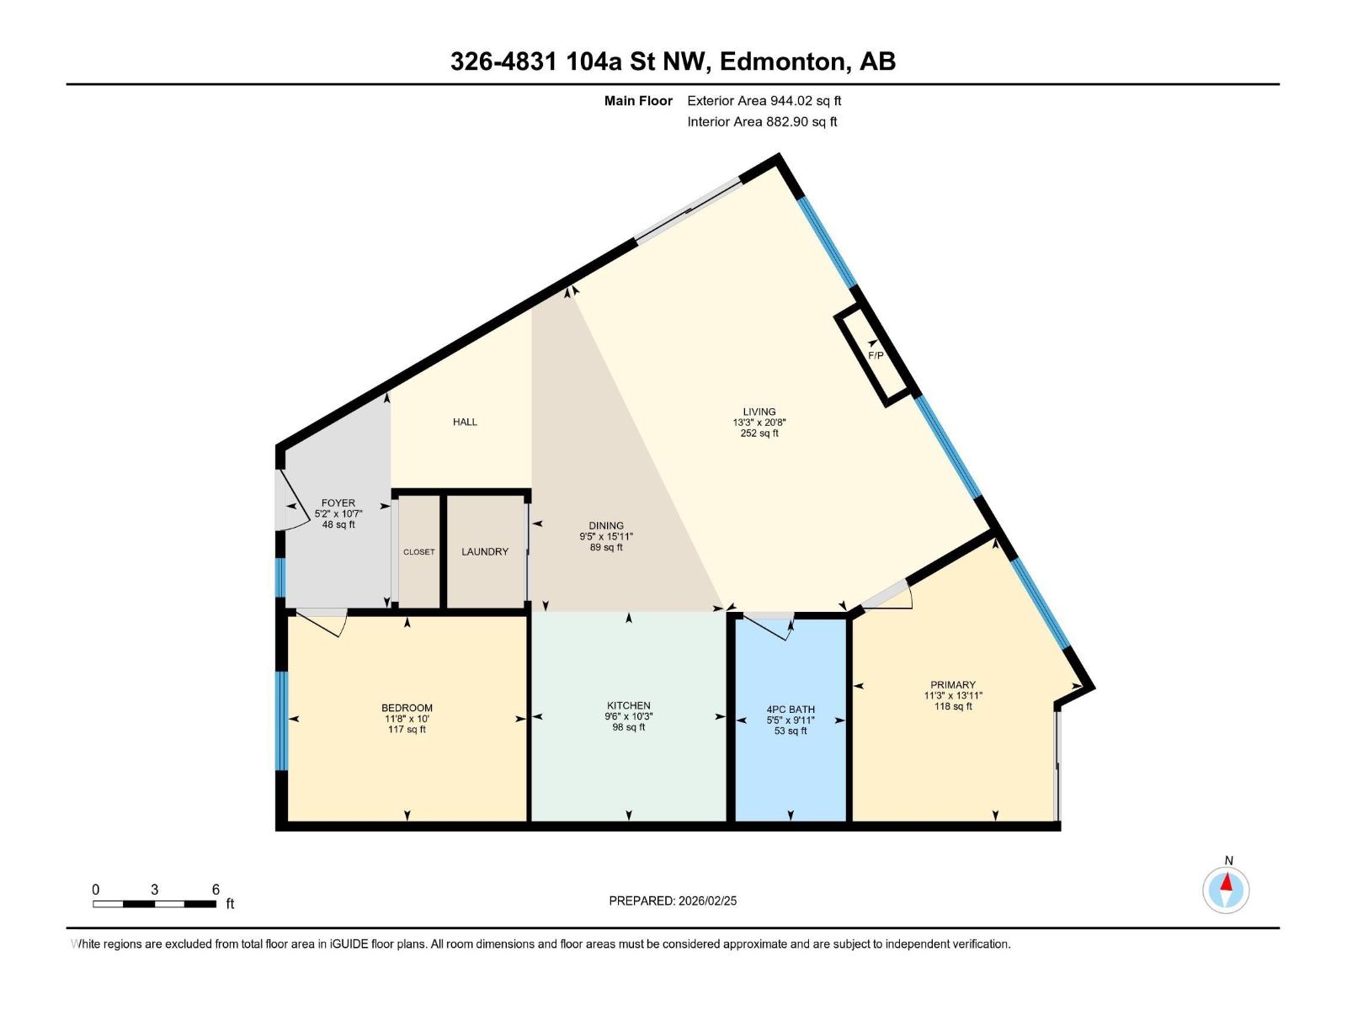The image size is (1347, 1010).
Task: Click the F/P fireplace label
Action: tap(876, 356)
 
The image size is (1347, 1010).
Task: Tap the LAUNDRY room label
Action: tap(485, 552)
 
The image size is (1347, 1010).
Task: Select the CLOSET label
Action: tap(419, 552)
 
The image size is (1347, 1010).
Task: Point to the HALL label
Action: tap(466, 422)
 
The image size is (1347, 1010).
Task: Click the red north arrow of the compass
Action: tap(1226, 882)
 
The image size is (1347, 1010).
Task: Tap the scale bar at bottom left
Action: tap(155, 904)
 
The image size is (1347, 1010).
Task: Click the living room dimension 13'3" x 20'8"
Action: tap(759, 423)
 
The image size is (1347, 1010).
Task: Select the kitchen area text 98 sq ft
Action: tap(628, 727)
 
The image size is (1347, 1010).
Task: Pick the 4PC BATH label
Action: tap(791, 710)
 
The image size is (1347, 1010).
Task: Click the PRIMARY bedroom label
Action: tap(953, 685)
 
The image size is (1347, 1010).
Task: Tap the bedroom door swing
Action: tap(323, 623)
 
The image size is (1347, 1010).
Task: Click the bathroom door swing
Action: tap(766, 628)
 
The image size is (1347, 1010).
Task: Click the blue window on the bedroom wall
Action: tap(281, 720)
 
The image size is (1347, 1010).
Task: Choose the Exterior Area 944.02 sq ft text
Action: tap(764, 101)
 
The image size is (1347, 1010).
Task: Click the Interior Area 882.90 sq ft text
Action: tap(762, 122)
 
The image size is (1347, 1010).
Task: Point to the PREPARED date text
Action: tap(673, 901)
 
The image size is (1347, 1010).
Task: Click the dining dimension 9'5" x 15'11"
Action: tap(606, 537)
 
